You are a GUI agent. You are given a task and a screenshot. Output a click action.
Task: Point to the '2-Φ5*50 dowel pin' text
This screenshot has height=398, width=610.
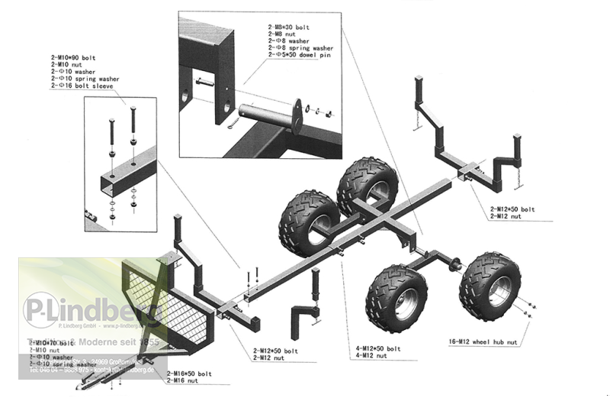(x=301, y=55)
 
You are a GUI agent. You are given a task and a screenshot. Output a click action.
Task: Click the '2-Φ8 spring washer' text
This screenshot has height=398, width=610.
(x=301, y=48)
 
